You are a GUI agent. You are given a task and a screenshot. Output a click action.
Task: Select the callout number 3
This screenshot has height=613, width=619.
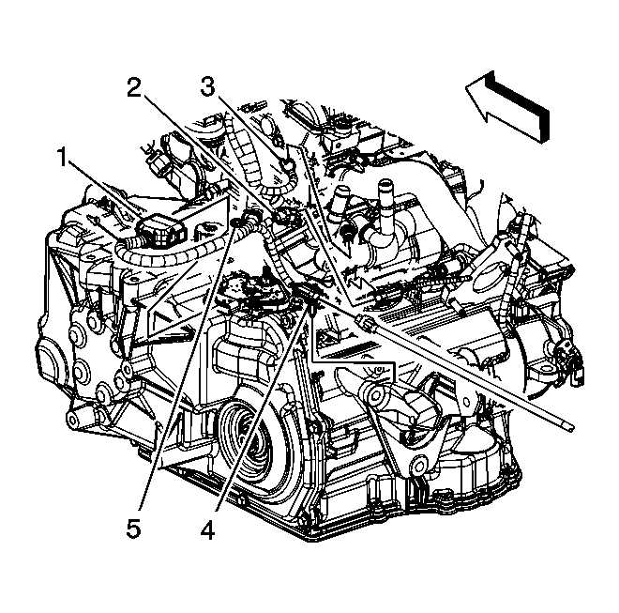click(x=207, y=88)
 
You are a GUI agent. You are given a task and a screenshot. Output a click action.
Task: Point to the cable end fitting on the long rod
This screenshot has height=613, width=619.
click(x=368, y=325)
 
